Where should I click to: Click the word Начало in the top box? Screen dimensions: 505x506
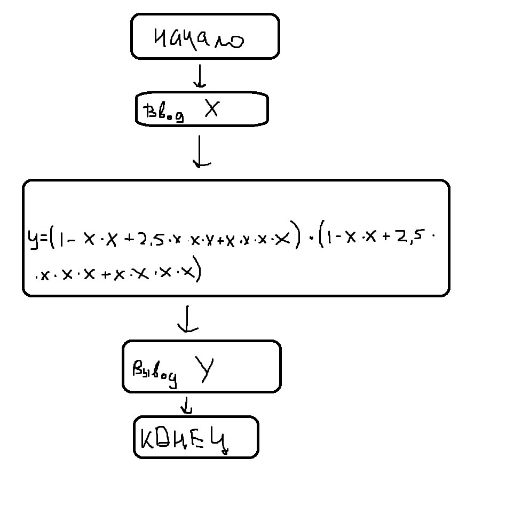point(199,38)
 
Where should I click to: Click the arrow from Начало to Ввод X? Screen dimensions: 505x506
point(200,77)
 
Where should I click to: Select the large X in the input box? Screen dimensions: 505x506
point(212,109)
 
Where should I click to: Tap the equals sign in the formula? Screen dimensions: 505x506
point(43,239)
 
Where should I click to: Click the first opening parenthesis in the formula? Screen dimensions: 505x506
point(52,239)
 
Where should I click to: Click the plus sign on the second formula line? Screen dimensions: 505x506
point(106,274)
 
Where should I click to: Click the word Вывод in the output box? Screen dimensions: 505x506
point(154,372)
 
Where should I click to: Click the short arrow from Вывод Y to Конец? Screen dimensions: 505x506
point(186,405)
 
